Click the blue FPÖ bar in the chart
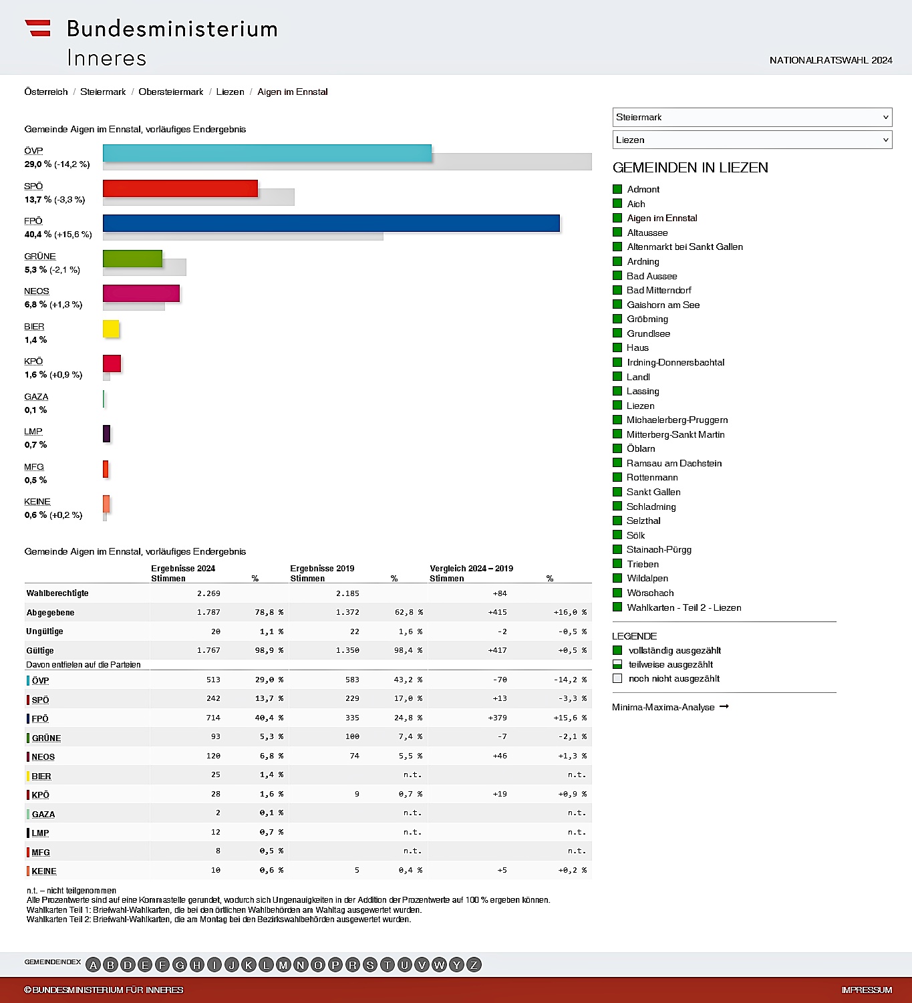tap(331, 223)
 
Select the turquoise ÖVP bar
tap(267, 153)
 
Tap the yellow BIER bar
tap(111, 329)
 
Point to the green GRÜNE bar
tap(132, 258)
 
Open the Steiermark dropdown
tap(752, 117)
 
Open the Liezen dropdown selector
tap(752, 140)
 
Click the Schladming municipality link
tap(651, 507)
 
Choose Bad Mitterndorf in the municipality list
tap(659, 290)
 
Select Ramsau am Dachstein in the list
tap(673, 463)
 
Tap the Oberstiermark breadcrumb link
tap(170, 92)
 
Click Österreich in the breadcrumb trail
tap(46, 92)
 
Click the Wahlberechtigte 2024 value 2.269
tap(208, 593)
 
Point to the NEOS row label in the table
tap(43, 756)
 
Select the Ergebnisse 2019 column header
tap(322, 569)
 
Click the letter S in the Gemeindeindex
tap(369, 965)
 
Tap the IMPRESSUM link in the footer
tap(867, 990)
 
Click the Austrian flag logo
tap(37, 28)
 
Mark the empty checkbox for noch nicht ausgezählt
tap(617, 678)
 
